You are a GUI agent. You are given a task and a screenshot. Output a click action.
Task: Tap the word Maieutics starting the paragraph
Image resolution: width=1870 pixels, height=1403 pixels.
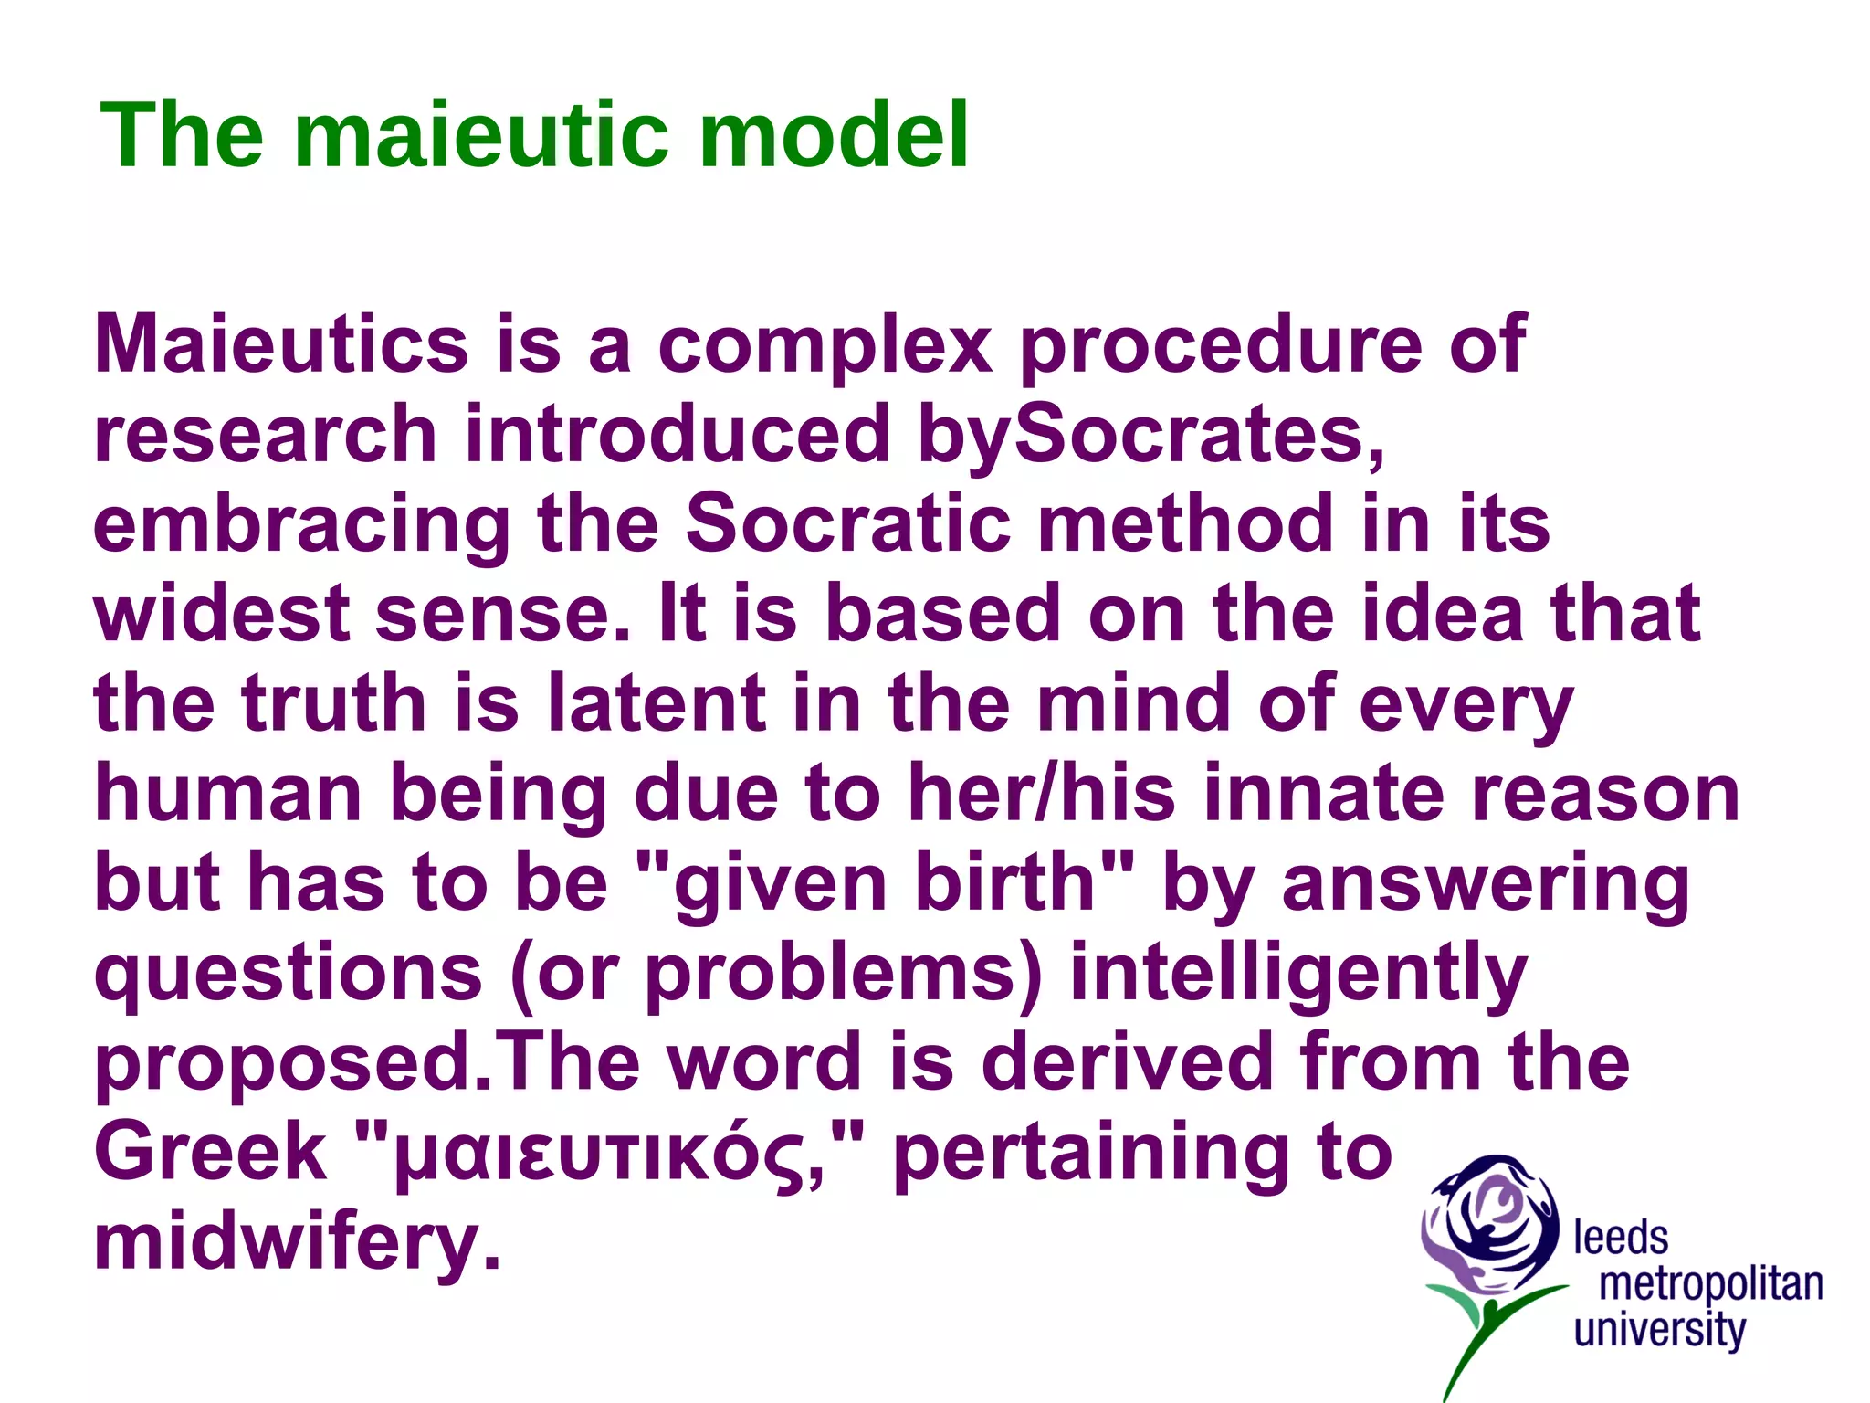281,345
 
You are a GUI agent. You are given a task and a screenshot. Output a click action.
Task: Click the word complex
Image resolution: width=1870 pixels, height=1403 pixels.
825,345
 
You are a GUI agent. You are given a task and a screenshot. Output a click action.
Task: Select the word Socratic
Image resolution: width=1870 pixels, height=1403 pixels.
848,523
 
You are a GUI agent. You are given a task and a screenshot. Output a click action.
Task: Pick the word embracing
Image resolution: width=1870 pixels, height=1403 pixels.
301,525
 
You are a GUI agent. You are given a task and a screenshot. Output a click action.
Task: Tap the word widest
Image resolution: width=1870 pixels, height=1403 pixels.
222,614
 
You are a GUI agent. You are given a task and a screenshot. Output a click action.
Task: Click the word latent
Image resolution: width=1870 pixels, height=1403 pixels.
657,703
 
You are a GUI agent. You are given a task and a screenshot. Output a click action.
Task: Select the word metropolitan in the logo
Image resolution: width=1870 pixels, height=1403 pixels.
1710,1284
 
